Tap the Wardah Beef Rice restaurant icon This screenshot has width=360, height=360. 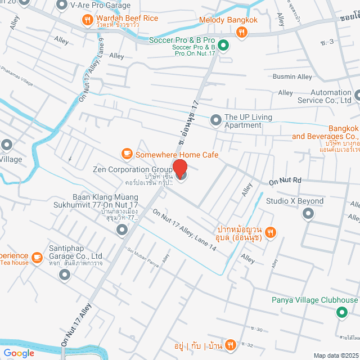(x=87, y=21)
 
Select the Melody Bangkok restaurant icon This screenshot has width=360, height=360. (x=242, y=33)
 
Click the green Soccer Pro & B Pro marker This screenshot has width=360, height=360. (x=223, y=45)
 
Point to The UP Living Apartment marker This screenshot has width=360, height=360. (x=215, y=120)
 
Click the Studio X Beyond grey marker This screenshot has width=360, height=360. (x=308, y=214)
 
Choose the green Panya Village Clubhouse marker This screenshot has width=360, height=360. (x=341, y=313)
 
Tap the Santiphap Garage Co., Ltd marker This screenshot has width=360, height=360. (x=65, y=274)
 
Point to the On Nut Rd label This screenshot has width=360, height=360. (x=285, y=181)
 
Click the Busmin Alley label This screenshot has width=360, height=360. (x=292, y=76)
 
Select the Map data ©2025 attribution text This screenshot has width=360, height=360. (x=335, y=355)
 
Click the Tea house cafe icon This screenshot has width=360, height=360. (x=37, y=258)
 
